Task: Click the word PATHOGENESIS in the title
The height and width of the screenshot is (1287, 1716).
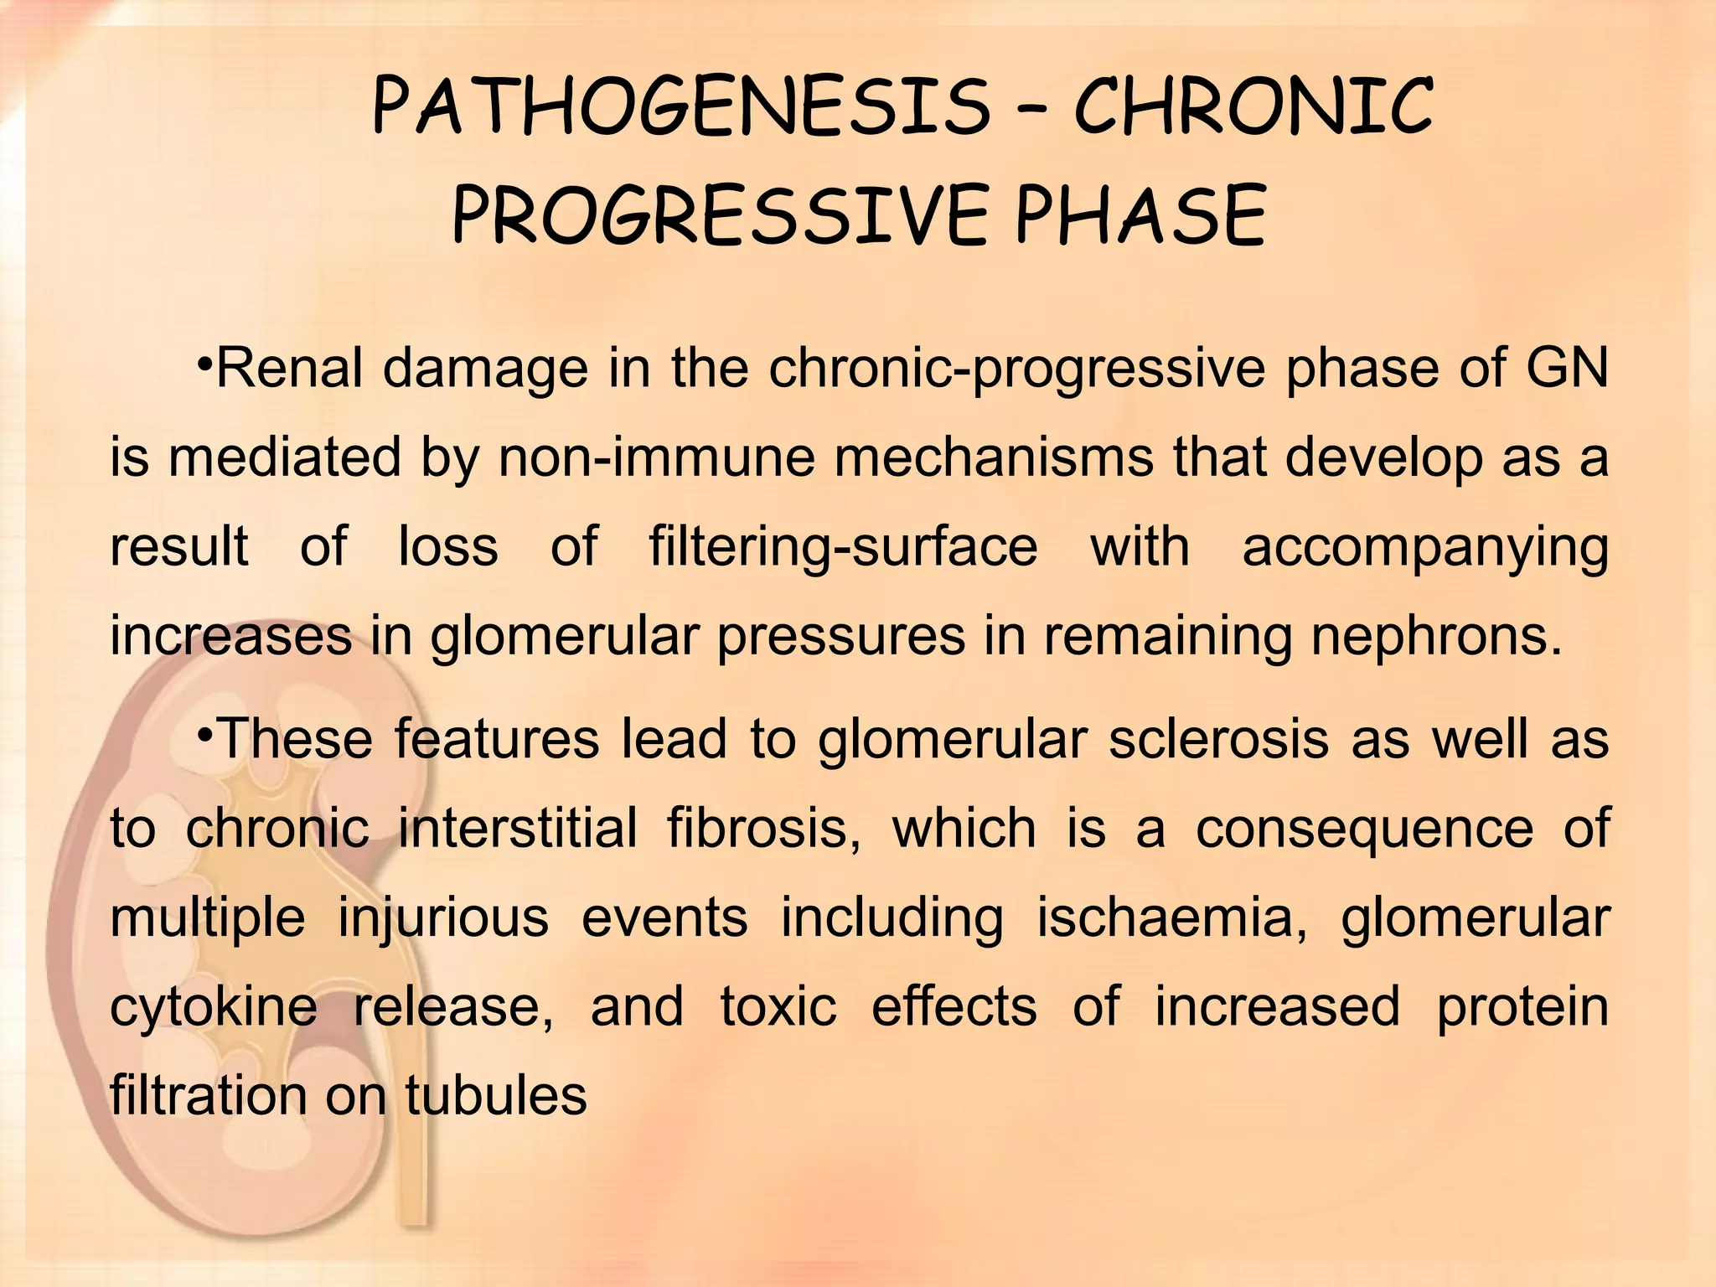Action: (679, 107)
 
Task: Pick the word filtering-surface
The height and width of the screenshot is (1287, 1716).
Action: (843, 546)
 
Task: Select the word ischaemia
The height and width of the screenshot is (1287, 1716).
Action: (1171, 917)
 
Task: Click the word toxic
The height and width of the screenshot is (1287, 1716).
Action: (778, 1005)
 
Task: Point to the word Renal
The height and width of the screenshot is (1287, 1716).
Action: (289, 369)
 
